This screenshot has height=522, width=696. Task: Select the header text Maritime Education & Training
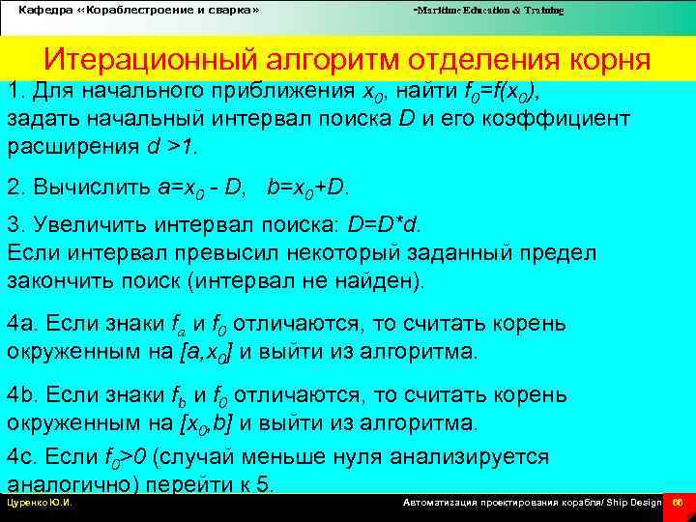click(x=488, y=10)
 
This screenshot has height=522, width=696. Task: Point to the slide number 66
click(x=678, y=504)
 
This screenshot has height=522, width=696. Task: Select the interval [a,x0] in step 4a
click(x=208, y=351)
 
